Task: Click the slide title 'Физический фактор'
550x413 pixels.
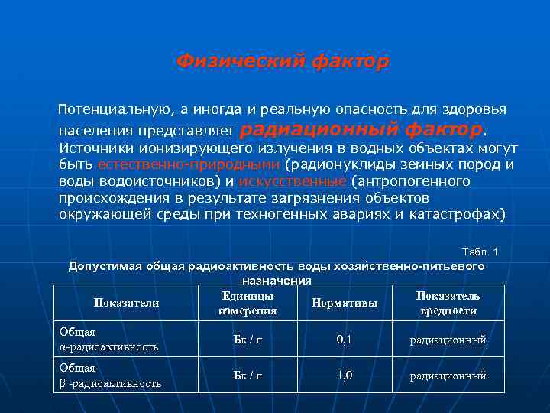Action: pyautogui.click(x=283, y=60)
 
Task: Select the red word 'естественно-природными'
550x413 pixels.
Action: pyautogui.click(x=189, y=164)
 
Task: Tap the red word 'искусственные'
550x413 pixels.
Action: pyautogui.click(x=293, y=181)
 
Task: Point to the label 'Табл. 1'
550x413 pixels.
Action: pyautogui.click(x=480, y=252)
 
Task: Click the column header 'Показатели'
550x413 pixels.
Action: pyautogui.click(x=126, y=303)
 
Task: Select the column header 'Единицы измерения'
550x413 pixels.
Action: pyautogui.click(x=247, y=303)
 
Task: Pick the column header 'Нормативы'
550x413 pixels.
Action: pyautogui.click(x=345, y=303)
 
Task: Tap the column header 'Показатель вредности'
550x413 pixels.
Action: pyautogui.click(x=448, y=303)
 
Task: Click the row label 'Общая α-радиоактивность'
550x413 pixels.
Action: pyautogui.click(x=108, y=339)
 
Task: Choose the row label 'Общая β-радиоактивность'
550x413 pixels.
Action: pyautogui.click(x=110, y=376)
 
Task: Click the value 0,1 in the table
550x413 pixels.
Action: pyautogui.click(x=345, y=339)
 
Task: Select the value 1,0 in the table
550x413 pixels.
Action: pyautogui.click(x=345, y=376)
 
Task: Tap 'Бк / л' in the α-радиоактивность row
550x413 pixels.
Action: pyautogui.click(x=247, y=339)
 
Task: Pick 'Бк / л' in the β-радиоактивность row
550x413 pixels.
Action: pyautogui.click(x=247, y=376)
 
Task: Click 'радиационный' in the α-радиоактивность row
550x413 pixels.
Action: pyautogui.click(x=448, y=340)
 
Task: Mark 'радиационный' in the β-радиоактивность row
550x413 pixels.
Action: pyautogui.click(x=448, y=376)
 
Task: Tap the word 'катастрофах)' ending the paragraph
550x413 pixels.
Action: pyautogui.click(x=465, y=213)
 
